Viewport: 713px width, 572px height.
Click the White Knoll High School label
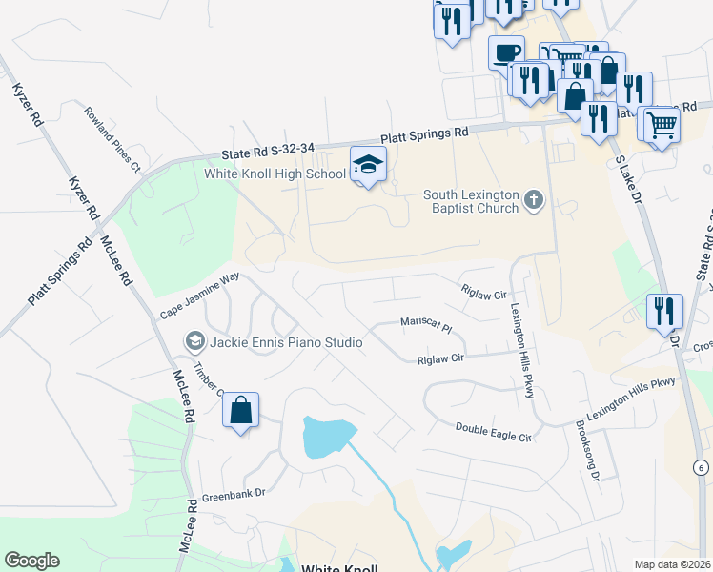pyautogui.click(x=275, y=174)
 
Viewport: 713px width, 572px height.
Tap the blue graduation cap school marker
pyautogui.click(x=368, y=165)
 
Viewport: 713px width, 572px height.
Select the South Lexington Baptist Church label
pyautogui.click(x=472, y=202)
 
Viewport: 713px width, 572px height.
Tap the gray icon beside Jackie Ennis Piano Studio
pyautogui.click(x=195, y=341)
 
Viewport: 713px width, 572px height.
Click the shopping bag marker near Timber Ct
pyautogui.click(x=241, y=411)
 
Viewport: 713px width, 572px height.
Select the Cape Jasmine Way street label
pyautogui.click(x=198, y=296)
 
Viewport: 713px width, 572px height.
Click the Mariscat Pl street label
pyautogui.click(x=425, y=324)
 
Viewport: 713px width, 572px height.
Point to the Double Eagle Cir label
pyautogui.click(x=492, y=432)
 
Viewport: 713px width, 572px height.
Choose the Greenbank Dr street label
pyautogui.click(x=232, y=495)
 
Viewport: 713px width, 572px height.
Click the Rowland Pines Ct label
pyautogui.click(x=112, y=139)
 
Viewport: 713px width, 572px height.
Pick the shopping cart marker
pyautogui.click(x=661, y=123)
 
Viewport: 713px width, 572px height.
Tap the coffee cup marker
pyautogui.click(x=506, y=51)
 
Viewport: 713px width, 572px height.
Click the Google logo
pyautogui.click(x=31, y=561)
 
